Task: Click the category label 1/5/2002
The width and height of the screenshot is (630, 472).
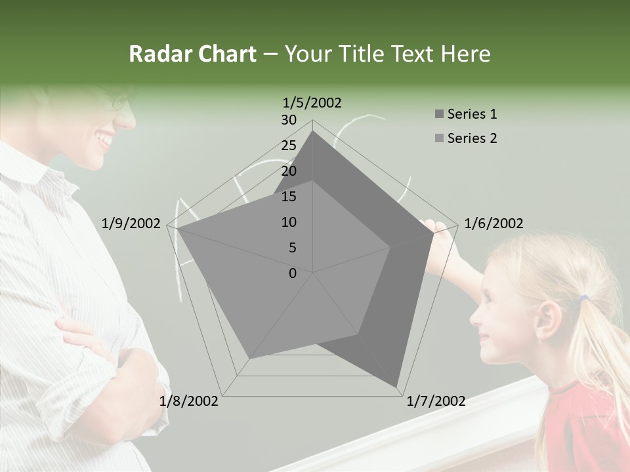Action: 312,102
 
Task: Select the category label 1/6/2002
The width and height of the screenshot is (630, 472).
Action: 493,224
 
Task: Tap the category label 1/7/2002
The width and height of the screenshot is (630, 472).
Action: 436,401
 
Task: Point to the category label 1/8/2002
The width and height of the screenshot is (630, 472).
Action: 189,401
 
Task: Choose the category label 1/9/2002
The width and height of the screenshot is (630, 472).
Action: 131,224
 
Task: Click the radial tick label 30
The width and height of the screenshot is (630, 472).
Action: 289,120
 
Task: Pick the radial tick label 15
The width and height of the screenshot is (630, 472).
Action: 289,197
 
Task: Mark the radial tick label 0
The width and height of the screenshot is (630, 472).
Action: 293,273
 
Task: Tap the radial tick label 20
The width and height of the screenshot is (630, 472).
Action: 289,171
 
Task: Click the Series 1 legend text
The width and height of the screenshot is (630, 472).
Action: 472,114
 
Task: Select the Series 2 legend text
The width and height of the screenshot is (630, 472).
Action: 472,138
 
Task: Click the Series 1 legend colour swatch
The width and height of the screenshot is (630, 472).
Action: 439,115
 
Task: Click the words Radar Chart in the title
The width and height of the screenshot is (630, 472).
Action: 192,54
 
